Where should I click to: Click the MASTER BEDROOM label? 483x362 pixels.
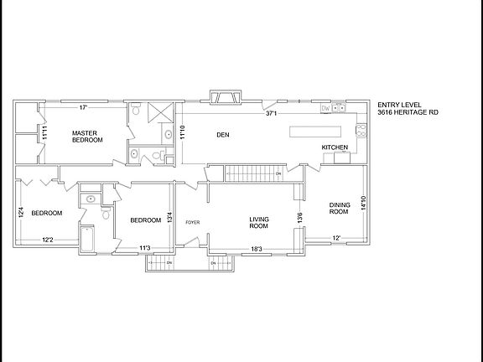click(x=87, y=136)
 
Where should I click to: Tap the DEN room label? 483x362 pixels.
click(x=223, y=134)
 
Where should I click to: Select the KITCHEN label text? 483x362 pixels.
click(x=335, y=147)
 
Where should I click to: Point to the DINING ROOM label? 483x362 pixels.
click(x=338, y=209)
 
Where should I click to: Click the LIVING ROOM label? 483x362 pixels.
click(x=258, y=222)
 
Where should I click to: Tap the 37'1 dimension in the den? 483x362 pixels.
click(x=271, y=113)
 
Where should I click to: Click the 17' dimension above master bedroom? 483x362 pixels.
click(x=83, y=107)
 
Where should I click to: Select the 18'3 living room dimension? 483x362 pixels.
click(x=257, y=248)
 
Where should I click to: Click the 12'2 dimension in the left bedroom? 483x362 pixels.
click(x=49, y=240)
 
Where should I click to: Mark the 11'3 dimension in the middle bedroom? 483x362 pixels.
click(x=144, y=248)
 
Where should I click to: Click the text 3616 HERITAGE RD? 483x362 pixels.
click(x=407, y=113)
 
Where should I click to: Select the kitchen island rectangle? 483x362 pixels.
click(x=317, y=132)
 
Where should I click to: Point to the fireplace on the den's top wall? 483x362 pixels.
click(x=226, y=99)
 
